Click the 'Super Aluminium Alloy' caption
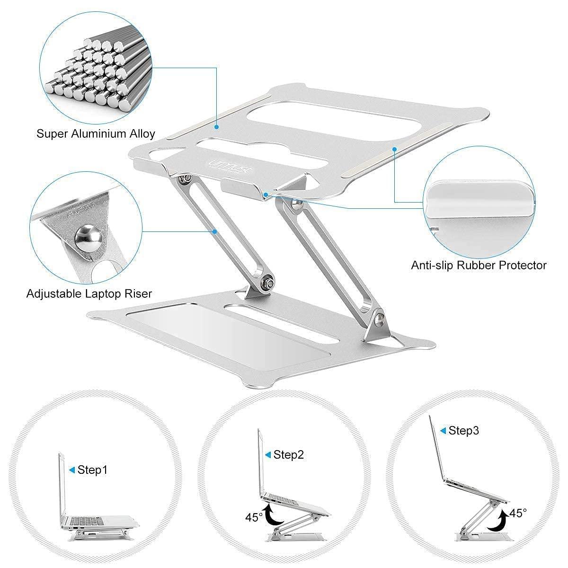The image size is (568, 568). point(96,133)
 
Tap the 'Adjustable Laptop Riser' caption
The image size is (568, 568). point(89,293)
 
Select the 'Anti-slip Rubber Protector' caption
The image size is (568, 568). point(479,265)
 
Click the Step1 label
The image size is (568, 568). point(92,470)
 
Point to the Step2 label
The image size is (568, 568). point(288,455)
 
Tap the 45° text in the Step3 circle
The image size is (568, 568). point(518,513)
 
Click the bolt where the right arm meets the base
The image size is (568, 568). point(377,320)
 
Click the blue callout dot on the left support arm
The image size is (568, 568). point(215,231)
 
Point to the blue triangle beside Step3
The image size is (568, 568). point(443,430)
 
